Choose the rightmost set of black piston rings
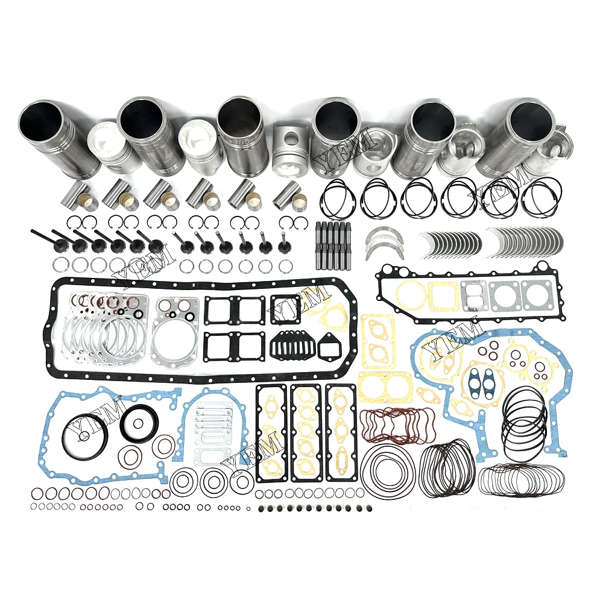point(541,197)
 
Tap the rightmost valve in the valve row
point(282,247)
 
